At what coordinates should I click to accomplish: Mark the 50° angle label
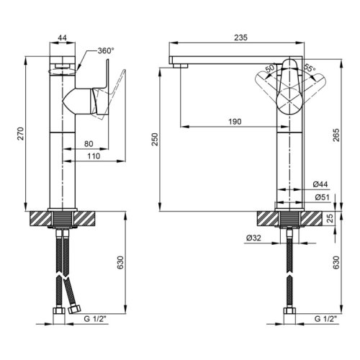[269, 68]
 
